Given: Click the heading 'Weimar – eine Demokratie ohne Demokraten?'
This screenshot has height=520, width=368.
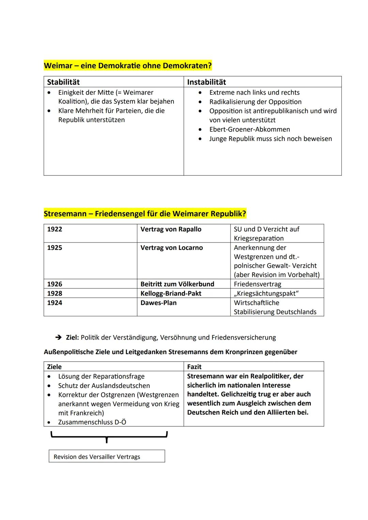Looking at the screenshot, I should (128, 65).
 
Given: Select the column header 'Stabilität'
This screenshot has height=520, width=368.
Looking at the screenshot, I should (63, 82).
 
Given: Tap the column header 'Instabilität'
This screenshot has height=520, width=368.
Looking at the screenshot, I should (206, 82).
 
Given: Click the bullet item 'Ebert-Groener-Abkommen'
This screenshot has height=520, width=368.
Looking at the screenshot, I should (249, 129).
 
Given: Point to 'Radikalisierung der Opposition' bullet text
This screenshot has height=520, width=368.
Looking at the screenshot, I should (255, 102).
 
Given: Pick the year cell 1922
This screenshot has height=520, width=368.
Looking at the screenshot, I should (55, 229).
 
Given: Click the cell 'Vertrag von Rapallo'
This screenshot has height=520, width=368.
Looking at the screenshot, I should (171, 229).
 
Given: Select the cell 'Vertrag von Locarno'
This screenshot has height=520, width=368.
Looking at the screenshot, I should (171, 248).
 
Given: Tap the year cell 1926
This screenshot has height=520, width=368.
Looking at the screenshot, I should (55, 284).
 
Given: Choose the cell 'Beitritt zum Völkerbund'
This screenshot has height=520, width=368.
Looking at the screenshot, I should (177, 284).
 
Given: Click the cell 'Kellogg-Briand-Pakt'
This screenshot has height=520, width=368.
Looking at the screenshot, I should (171, 293).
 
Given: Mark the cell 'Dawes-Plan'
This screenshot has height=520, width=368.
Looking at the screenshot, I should (158, 303).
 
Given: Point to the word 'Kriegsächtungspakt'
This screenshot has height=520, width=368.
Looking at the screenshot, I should (266, 293).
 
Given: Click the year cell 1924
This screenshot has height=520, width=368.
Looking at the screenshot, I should (55, 303).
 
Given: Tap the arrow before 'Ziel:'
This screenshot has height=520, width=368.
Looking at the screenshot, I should (59, 337).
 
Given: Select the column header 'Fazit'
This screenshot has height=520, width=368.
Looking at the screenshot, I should (194, 367).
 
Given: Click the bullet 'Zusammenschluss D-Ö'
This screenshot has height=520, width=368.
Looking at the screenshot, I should (92, 422).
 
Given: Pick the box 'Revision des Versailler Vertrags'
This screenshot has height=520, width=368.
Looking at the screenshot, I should (107, 456).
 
